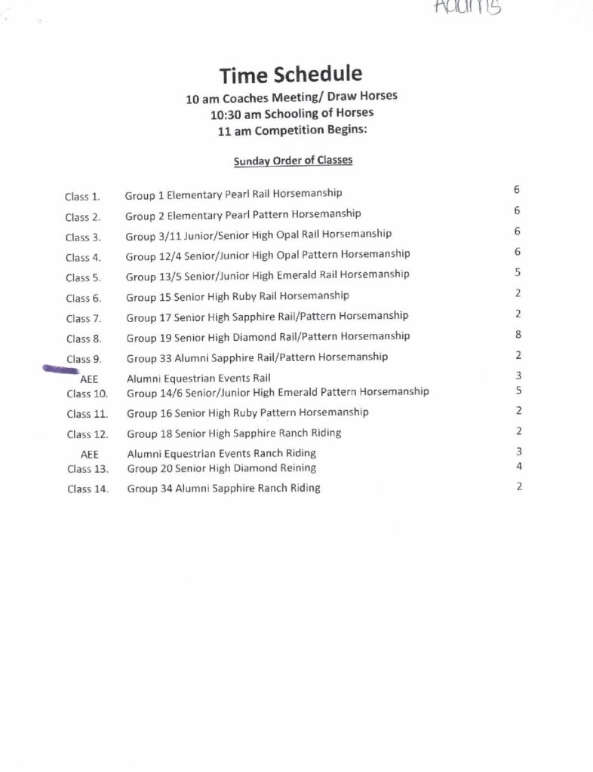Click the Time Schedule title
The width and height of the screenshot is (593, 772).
(291, 75)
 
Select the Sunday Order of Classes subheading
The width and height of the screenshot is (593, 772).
(293, 161)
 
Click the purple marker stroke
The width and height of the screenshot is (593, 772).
(61, 369)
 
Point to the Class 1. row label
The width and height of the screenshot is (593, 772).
(83, 197)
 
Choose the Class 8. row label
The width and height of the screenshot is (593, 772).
(84, 339)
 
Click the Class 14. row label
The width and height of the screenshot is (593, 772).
(88, 489)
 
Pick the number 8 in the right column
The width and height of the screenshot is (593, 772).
(518, 335)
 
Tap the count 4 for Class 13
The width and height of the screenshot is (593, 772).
(519, 466)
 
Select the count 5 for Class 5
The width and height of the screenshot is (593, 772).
(518, 272)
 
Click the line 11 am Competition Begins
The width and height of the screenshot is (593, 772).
(292, 130)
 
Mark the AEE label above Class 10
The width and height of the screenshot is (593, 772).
(89, 379)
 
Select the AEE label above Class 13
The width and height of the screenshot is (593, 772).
(89, 454)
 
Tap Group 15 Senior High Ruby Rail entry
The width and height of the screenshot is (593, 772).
(237, 296)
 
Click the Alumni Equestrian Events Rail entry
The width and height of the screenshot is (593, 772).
(198, 378)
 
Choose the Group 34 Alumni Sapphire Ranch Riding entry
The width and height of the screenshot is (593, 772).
(223, 489)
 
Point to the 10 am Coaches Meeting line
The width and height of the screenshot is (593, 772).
(292, 98)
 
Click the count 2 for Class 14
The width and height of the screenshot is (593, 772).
(519, 486)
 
